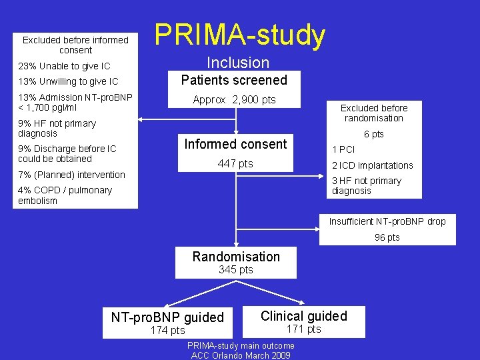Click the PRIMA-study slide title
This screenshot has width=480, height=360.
(x=240, y=35)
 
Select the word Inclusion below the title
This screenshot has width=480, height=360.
(x=238, y=63)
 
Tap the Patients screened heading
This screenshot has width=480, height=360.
(x=235, y=80)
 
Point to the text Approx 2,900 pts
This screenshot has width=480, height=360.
(x=234, y=100)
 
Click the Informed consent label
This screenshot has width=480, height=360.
(x=235, y=144)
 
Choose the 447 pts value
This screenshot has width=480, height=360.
(x=236, y=164)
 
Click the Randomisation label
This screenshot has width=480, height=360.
(x=236, y=257)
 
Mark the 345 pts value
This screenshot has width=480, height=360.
(x=236, y=270)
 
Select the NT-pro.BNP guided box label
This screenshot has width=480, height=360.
(x=167, y=317)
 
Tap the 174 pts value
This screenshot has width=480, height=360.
(x=167, y=331)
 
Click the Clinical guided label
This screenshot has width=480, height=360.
(x=303, y=316)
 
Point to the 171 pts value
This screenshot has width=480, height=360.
(x=303, y=329)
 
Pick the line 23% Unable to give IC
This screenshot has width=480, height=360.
(x=64, y=66)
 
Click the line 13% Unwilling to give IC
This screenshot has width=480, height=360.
(x=68, y=81)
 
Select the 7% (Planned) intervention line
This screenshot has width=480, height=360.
(x=71, y=175)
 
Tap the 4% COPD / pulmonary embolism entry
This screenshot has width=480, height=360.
(x=65, y=195)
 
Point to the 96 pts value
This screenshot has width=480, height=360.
(x=387, y=237)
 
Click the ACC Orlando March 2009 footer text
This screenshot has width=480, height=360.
(x=240, y=355)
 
